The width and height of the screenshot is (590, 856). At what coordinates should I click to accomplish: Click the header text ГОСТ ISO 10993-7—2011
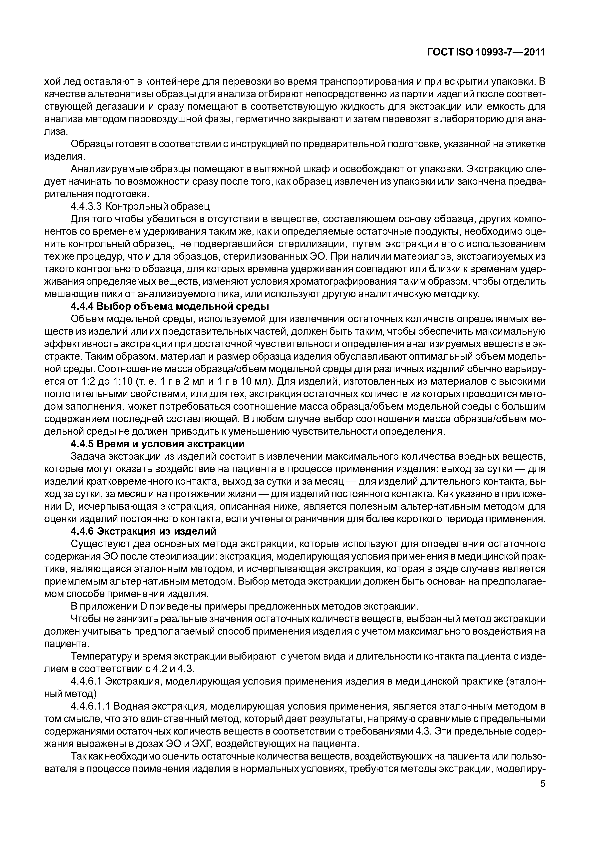(486, 52)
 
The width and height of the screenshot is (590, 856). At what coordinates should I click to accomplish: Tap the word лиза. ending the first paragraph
(56, 131)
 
